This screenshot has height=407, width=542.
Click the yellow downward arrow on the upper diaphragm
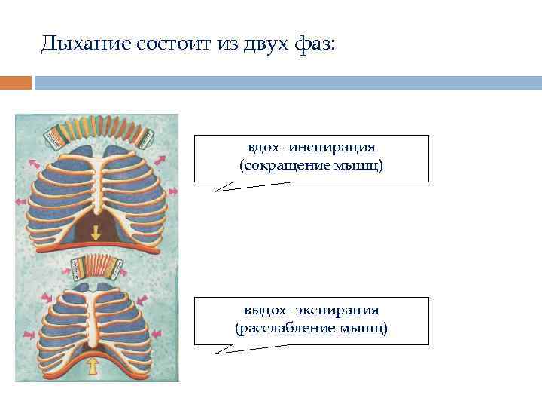[96, 235]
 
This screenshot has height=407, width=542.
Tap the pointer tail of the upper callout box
[226, 187]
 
